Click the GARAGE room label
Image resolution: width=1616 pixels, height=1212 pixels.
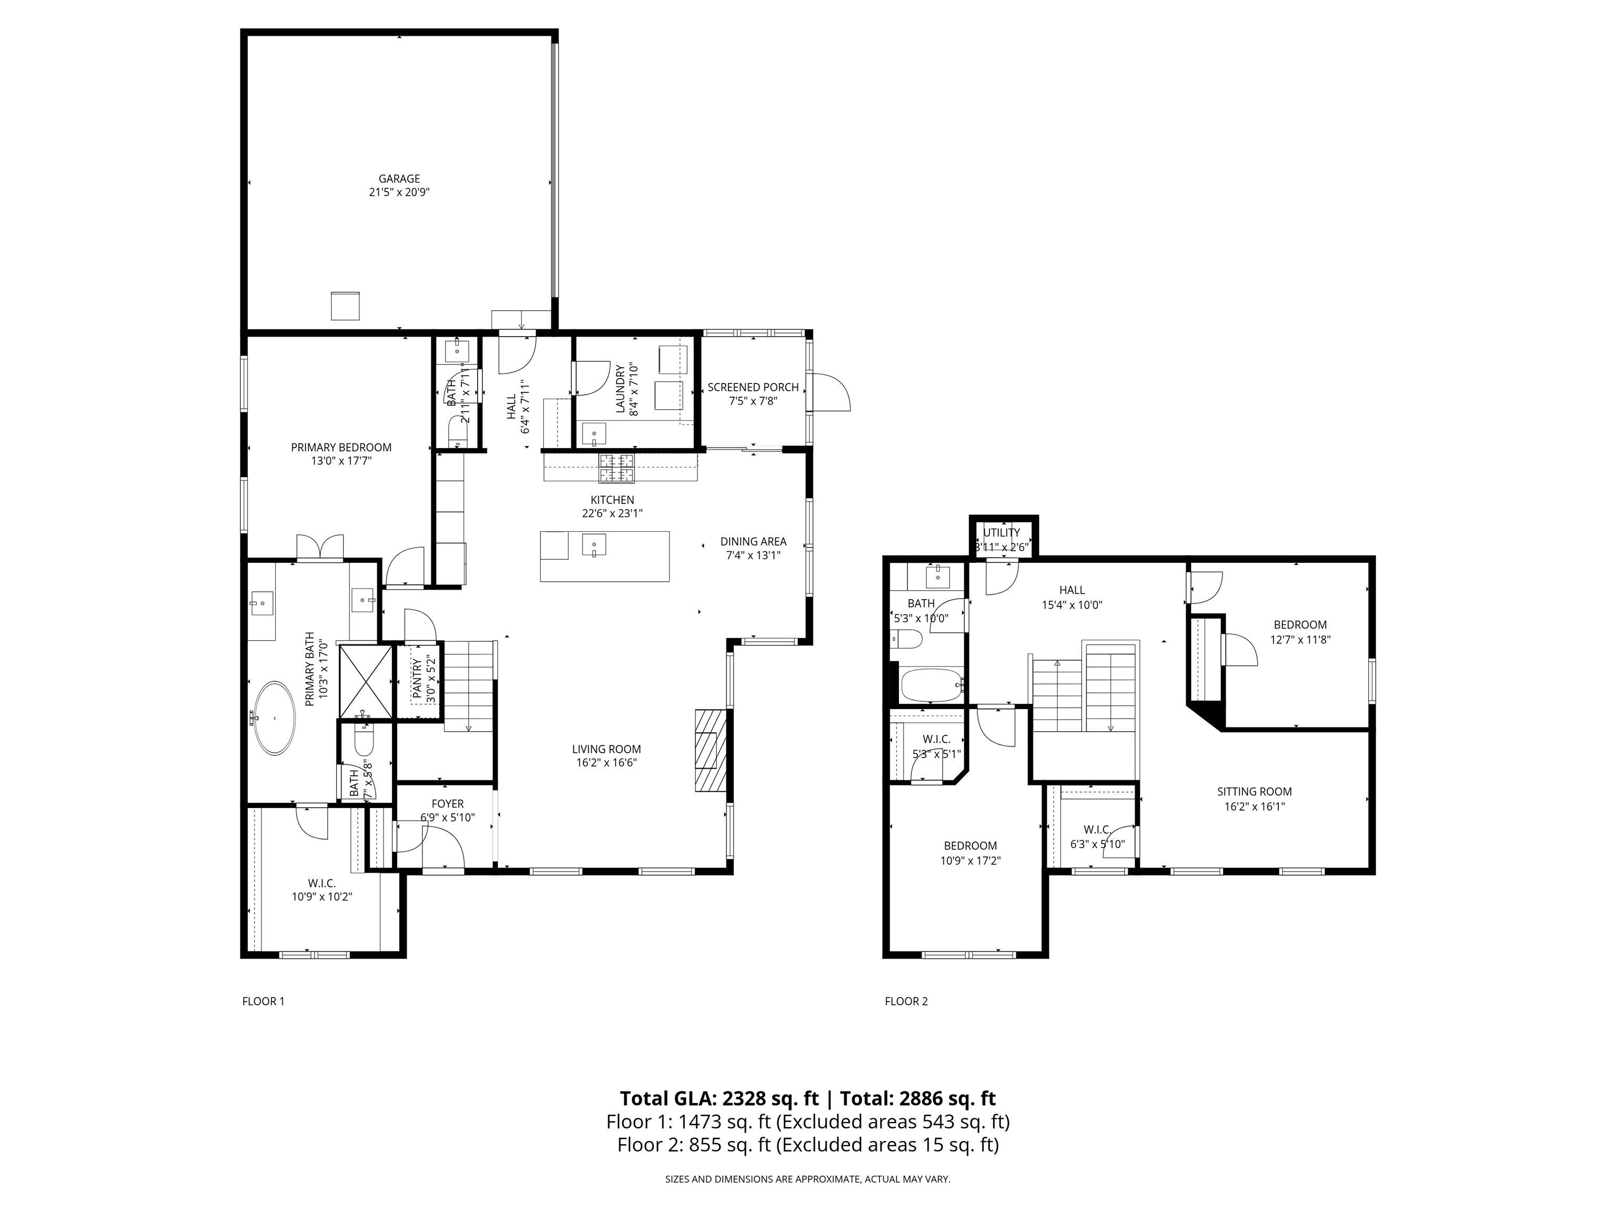point(399,178)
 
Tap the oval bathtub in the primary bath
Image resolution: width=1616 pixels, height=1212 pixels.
point(275,718)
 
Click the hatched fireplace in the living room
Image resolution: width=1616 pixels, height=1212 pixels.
point(710,750)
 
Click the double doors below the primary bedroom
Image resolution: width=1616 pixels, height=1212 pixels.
point(320,547)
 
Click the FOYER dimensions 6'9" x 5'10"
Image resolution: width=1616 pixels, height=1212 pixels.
point(447,817)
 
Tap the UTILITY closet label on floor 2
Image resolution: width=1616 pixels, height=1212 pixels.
point(1001,532)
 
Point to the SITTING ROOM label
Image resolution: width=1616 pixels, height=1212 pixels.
point(1254,791)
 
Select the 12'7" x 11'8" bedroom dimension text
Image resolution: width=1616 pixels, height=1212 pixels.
point(1300,639)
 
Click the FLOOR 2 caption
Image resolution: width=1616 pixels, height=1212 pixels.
point(906,1001)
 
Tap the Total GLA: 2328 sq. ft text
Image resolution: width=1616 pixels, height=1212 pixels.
point(719,1098)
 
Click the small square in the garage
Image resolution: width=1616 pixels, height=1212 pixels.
point(345,306)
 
